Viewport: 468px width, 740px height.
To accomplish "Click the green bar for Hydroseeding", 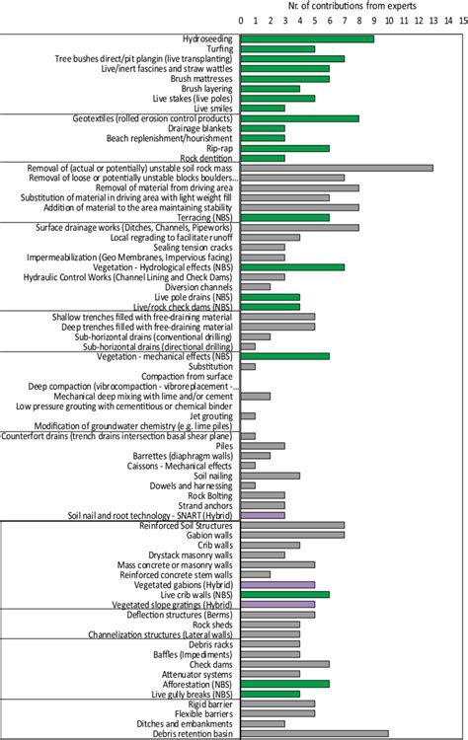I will tap(307, 38).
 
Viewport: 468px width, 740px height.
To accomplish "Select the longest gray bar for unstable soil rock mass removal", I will tap(337, 168).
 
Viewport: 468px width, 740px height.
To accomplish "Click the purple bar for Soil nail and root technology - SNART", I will tap(263, 515).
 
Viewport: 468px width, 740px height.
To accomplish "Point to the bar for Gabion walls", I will tap(292, 535).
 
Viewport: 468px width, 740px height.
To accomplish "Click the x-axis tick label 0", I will tap(241, 20).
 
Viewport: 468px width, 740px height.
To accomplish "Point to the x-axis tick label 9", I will tap(373, 20).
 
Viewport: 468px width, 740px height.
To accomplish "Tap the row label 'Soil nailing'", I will tap(208, 476).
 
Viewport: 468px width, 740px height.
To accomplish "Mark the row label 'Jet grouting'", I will tap(208, 415).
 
